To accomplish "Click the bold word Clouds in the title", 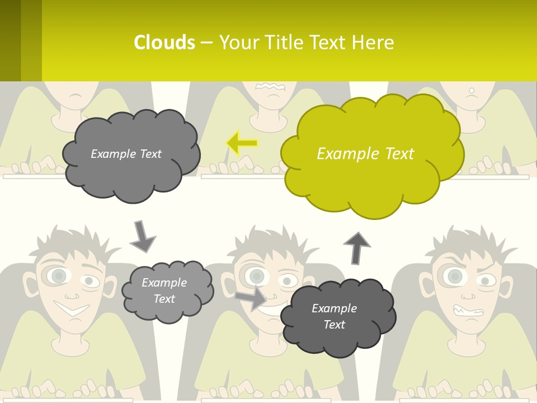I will [x=164, y=43].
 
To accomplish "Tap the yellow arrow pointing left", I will [x=242, y=143].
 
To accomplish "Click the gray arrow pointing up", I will [x=356, y=247].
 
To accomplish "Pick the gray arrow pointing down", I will [x=142, y=236].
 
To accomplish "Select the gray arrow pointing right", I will [x=251, y=297].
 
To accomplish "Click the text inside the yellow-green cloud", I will [x=365, y=154].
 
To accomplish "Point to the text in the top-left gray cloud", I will [x=126, y=154].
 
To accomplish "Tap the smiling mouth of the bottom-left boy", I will [x=72, y=308].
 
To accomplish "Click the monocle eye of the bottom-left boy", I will [x=57, y=275].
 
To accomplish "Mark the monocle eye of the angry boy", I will [x=455, y=276].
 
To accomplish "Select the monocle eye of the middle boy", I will [x=257, y=276].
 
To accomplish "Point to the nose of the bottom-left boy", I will [x=71, y=293].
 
